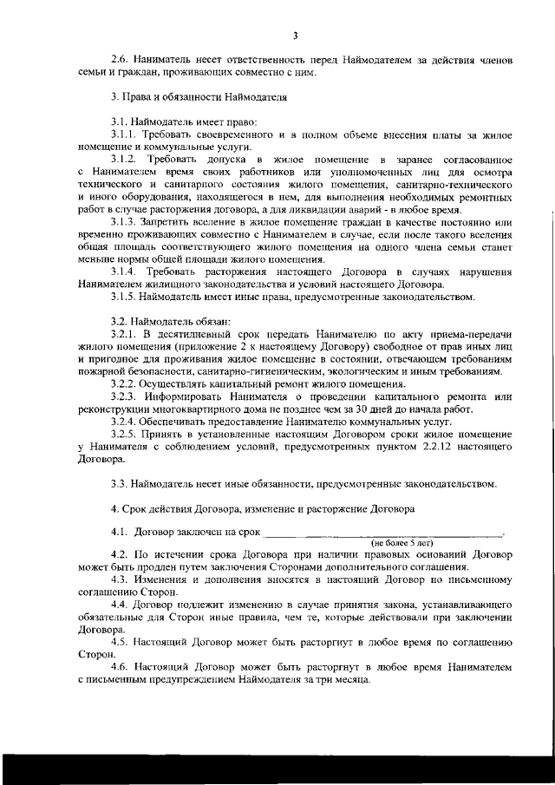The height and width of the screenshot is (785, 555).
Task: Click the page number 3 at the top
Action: (x=295, y=36)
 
